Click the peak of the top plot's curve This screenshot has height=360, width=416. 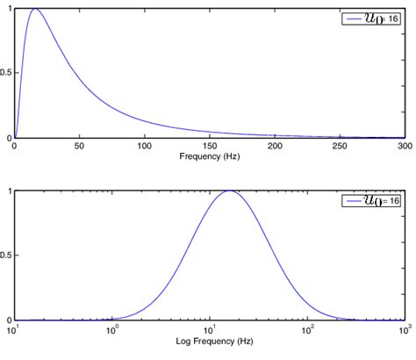tap(34, 9)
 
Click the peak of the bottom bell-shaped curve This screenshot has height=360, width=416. tap(229, 191)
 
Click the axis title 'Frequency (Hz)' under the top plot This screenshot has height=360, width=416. tap(209, 156)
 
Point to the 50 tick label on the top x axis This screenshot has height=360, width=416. tap(79, 146)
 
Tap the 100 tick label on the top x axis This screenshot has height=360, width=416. tap(144, 146)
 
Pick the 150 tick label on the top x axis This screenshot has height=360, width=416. tap(210, 146)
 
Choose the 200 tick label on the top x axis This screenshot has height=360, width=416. tap(275, 146)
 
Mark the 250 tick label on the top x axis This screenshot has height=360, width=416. tap(340, 146)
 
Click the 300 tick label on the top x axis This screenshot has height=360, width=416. tap(404, 146)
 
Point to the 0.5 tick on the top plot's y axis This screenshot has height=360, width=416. tap(6, 73)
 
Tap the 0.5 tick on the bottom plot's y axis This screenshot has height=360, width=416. tap(6, 256)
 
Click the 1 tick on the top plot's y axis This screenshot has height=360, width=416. tap(9, 8)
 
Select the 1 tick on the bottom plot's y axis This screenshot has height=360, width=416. tap(9, 191)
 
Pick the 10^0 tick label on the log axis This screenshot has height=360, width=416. tap(112, 329)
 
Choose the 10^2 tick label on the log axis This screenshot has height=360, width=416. tap(307, 329)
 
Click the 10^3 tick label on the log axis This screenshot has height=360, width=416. tap(403, 329)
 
